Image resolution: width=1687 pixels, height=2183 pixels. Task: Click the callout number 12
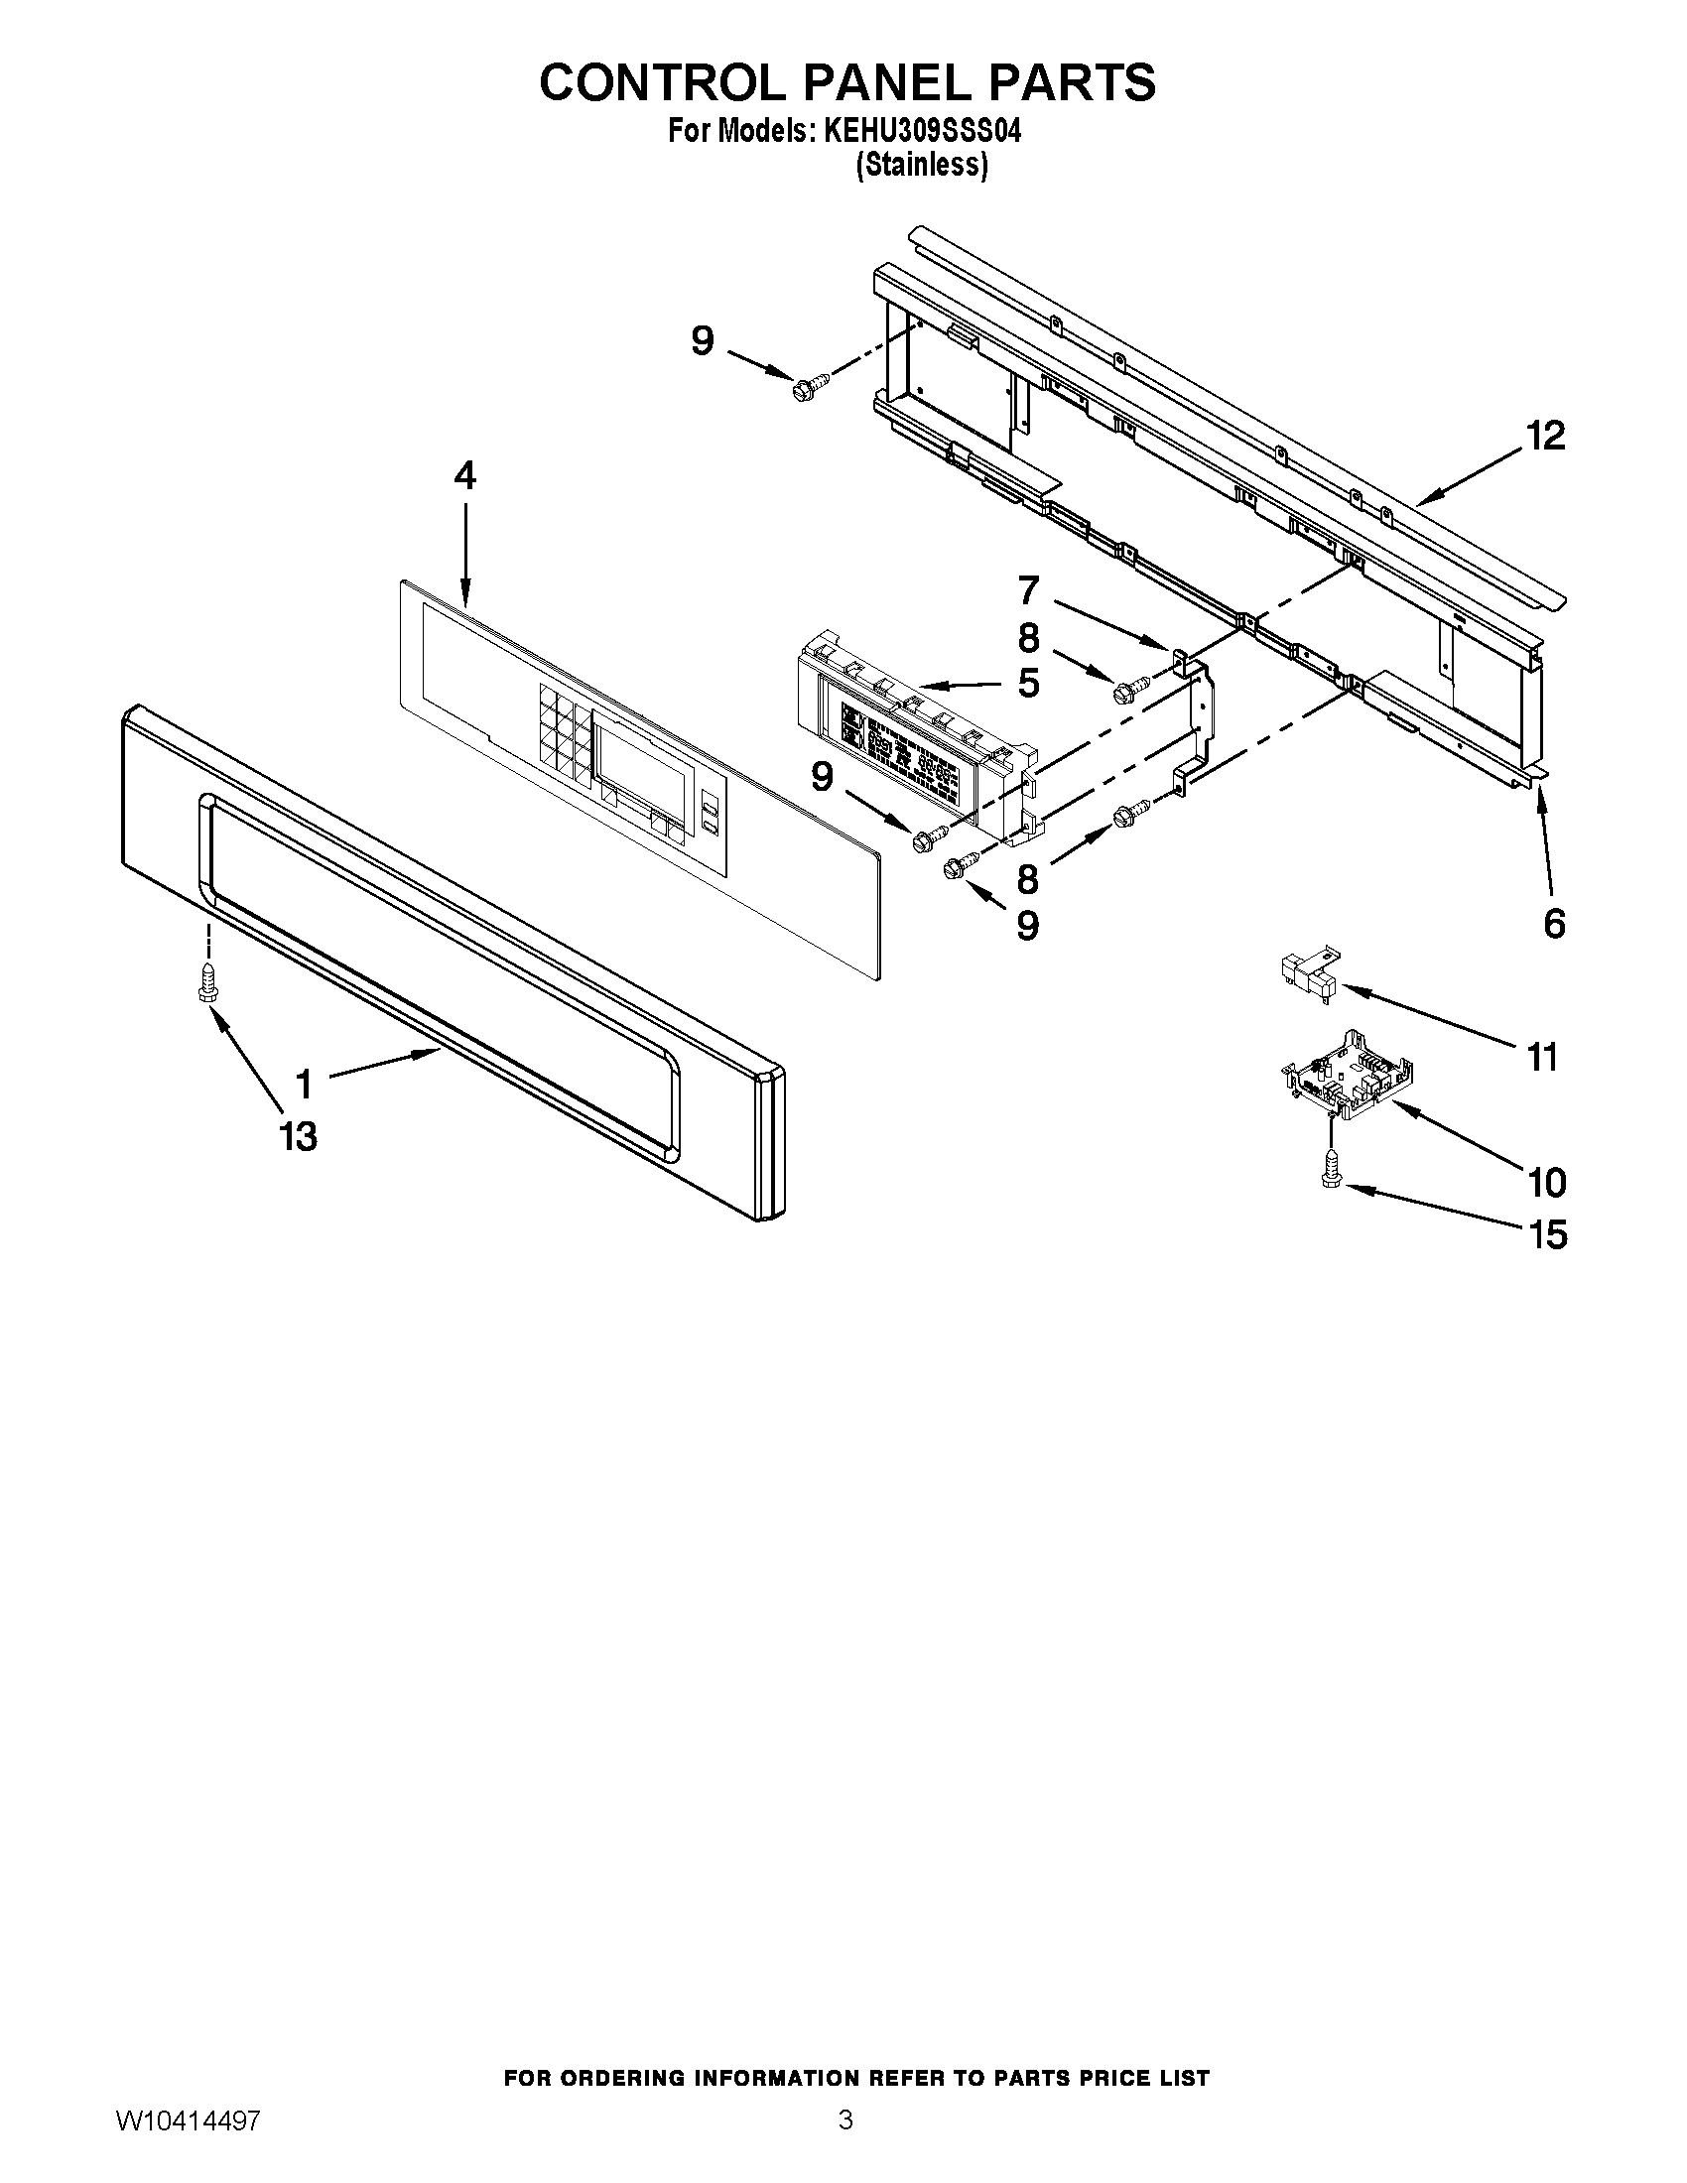(x=1545, y=437)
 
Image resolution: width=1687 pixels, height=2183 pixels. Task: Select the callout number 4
(x=465, y=475)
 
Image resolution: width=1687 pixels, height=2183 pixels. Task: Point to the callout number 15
(x=1547, y=1235)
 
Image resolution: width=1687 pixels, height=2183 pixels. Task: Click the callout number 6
(x=1554, y=924)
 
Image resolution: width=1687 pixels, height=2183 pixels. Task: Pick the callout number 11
(x=1543, y=1057)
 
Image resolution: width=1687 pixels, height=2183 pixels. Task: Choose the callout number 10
(x=1547, y=1183)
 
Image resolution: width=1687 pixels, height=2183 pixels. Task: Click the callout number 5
(x=1028, y=684)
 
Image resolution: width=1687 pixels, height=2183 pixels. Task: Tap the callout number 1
(x=304, y=1084)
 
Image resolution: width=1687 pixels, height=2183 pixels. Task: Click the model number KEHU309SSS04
(x=922, y=132)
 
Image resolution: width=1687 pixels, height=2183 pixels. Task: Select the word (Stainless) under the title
(x=922, y=166)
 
